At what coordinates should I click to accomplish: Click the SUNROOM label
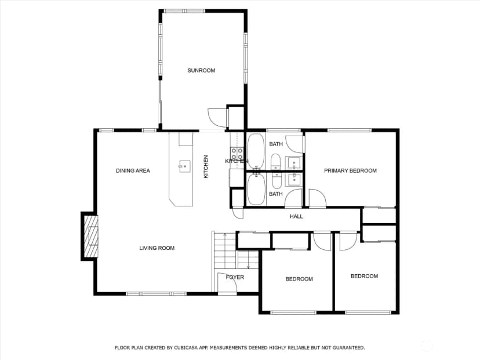tap(201, 70)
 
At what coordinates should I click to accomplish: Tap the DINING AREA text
tap(133, 170)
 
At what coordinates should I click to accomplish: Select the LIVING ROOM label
tap(157, 248)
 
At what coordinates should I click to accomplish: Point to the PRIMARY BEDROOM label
tap(350, 170)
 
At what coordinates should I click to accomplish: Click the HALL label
tap(296, 216)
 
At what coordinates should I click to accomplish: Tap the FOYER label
tap(235, 277)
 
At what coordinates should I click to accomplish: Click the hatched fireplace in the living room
tap(91, 236)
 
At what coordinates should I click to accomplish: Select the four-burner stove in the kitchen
tap(237, 154)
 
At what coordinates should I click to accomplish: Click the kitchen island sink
tap(184, 166)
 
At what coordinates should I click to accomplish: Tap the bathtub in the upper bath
tap(256, 151)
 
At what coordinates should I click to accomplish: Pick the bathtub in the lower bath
tap(256, 189)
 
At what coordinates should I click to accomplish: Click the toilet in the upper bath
tap(275, 162)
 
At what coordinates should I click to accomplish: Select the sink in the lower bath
tap(294, 179)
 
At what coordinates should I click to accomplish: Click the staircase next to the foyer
tap(236, 250)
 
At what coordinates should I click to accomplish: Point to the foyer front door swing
tap(227, 282)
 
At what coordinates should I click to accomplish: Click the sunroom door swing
tap(217, 118)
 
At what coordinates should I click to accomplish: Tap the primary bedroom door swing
tap(318, 198)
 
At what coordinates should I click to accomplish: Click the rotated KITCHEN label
tap(206, 166)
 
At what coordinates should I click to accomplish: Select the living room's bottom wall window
tap(156, 294)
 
